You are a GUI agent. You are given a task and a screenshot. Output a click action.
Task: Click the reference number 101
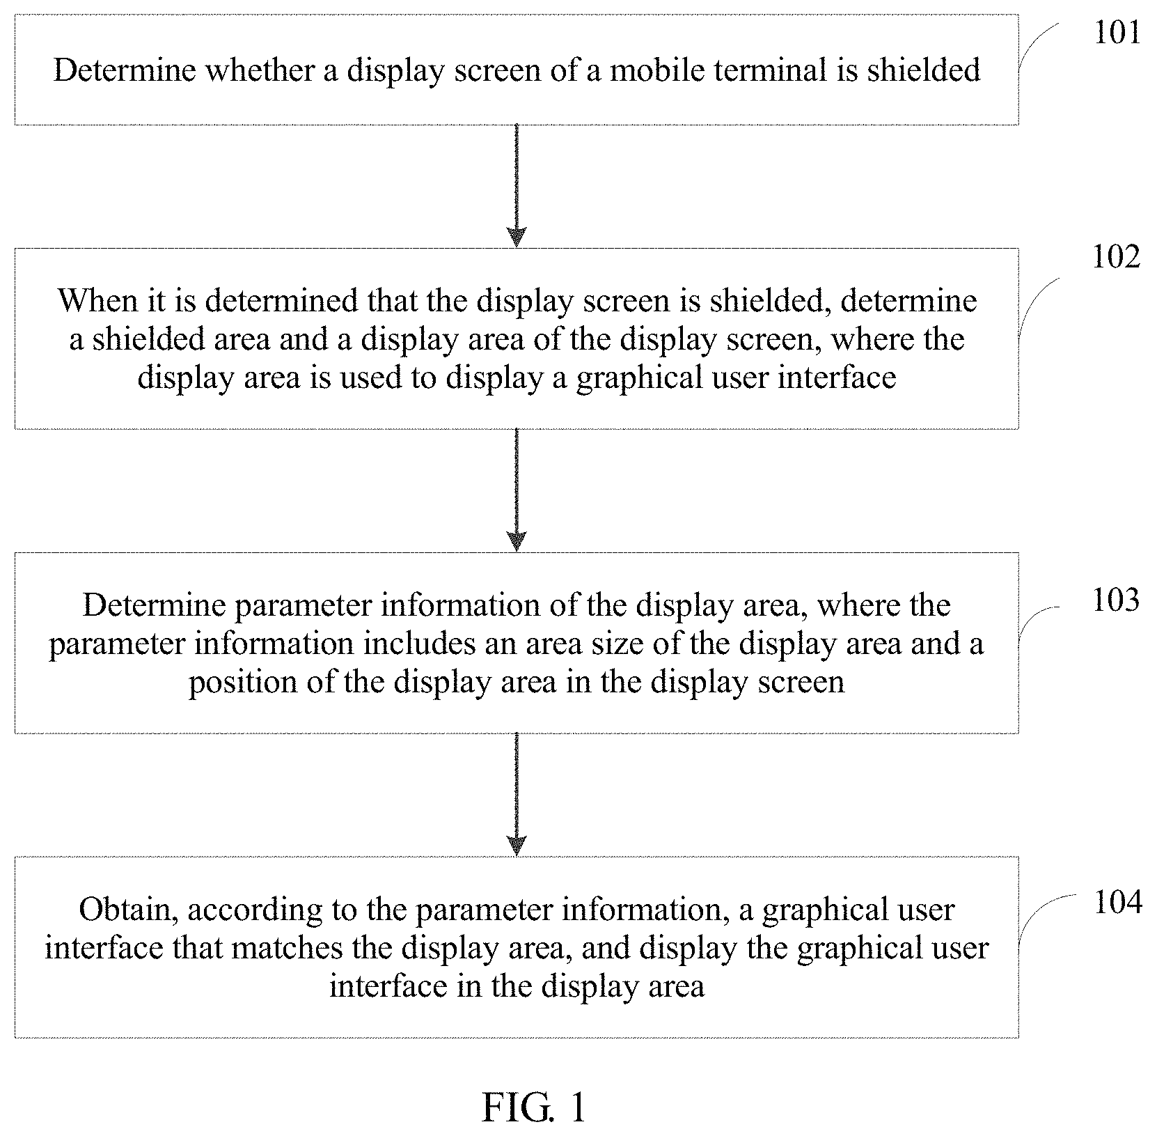pyautogui.click(x=1117, y=33)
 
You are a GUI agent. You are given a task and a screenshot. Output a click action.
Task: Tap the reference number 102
pyautogui.click(x=1117, y=257)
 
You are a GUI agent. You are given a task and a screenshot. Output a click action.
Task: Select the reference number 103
pyautogui.click(x=1117, y=600)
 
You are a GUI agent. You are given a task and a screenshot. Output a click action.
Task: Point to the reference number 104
pyautogui.click(x=1118, y=903)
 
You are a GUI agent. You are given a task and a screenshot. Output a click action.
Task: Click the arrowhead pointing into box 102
pyautogui.click(x=517, y=238)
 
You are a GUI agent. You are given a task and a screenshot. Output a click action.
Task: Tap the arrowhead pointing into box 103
pyautogui.click(x=517, y=541)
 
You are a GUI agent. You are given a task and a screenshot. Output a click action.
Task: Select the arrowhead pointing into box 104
pyautogui.click(x=517, y=846)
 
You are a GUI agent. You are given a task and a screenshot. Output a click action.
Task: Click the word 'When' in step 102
pyautogui.click(x=88, y=301)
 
